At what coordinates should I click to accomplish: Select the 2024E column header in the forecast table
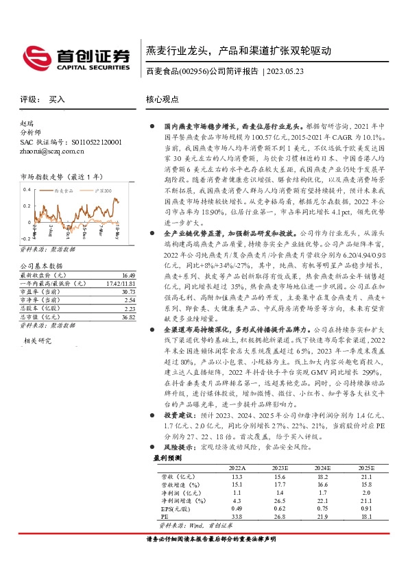click(322, 486)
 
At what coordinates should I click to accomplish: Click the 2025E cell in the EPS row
click(366, 528)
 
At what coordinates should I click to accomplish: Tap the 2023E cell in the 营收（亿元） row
click(278, 495)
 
